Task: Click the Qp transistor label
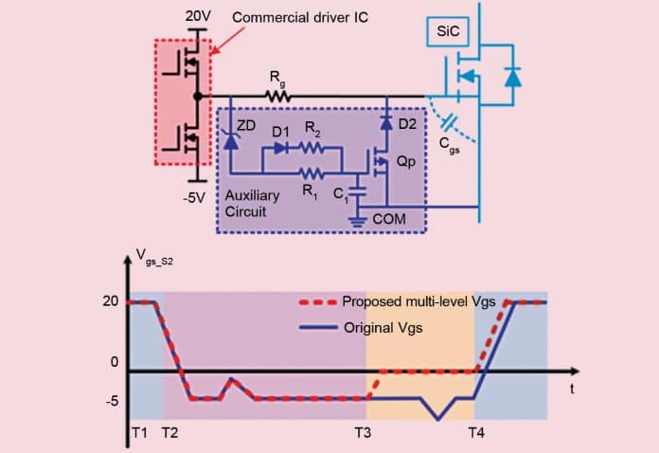(x=405, y=163)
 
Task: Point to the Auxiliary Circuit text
(x=252, y=203)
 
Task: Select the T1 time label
(x=138, y=432)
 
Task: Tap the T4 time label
(x=479, y=432)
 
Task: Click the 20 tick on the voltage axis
(x=110, y=301)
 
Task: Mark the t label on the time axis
(x=574, y=388)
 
